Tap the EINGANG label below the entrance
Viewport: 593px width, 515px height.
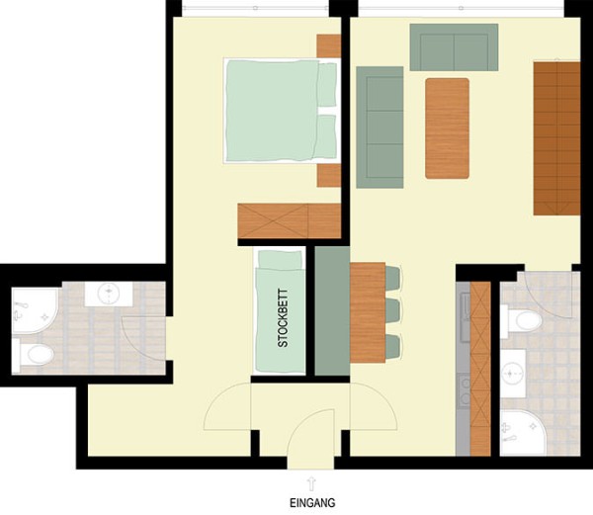[311, 501]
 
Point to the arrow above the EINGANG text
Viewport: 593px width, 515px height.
[311, 480]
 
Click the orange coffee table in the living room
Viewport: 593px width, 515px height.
[447, 128]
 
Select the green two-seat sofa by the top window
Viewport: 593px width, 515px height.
[454, 45]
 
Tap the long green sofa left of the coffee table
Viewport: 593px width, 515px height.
[380, 127]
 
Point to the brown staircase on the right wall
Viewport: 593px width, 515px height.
[557, 137]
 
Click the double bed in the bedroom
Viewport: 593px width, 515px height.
[282, 110]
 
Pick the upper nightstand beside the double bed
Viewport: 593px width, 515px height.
[328, 45]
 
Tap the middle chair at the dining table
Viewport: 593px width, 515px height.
[392, 309]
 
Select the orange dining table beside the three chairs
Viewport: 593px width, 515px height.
[367, 311]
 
